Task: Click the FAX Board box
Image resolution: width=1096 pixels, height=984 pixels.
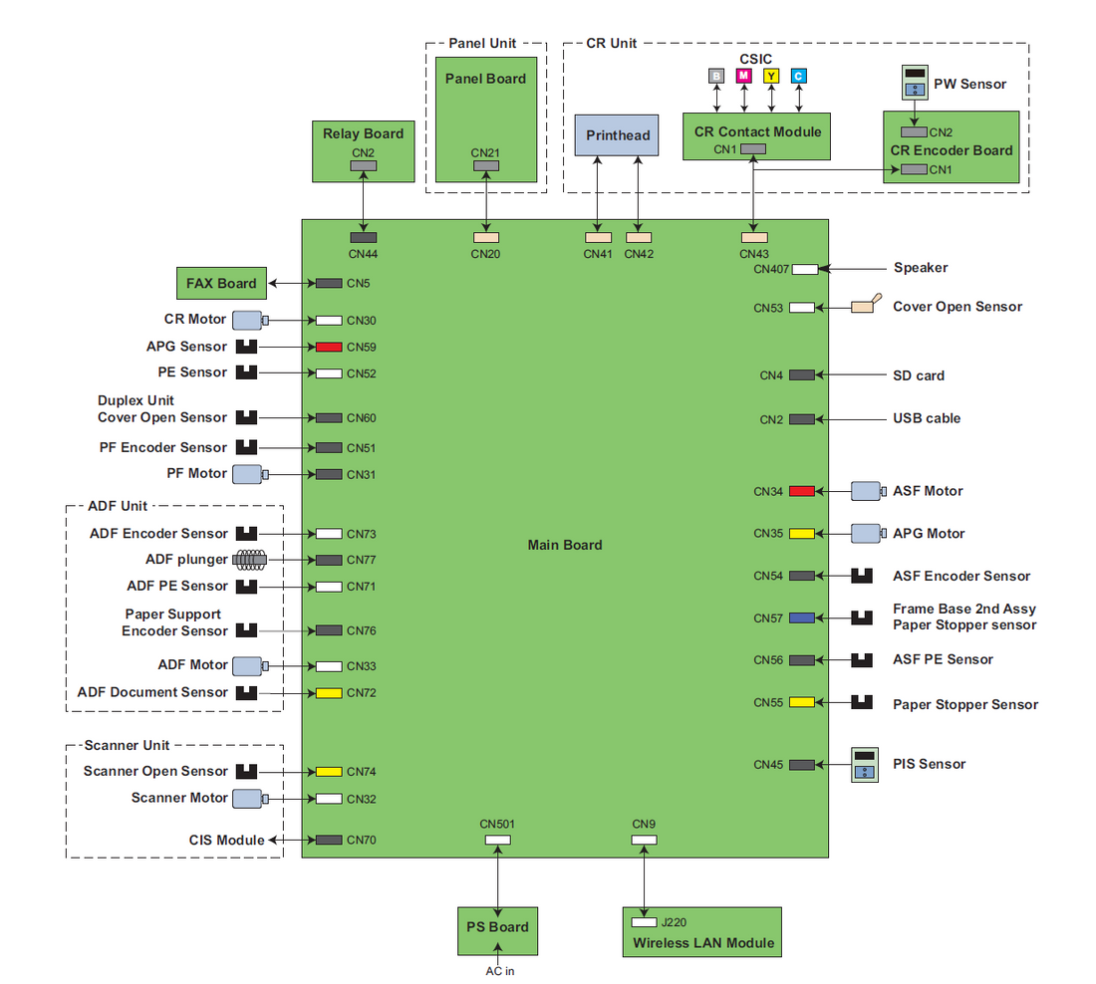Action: tap(221, 284)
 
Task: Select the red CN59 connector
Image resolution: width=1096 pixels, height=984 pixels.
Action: tap(329, 348)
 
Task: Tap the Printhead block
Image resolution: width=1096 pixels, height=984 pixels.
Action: tap(618, 134)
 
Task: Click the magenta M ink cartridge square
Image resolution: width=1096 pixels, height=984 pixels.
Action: tap(742, 76)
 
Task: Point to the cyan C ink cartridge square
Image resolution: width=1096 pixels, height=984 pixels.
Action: tap(798, 76)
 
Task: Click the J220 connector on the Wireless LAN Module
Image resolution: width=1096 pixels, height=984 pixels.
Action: tap(644, 922)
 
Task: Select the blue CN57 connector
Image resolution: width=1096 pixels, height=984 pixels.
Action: tap(802, 618)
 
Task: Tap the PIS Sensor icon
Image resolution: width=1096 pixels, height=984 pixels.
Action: tap(864, 764)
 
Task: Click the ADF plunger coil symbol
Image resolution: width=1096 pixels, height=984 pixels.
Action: tap(249, 560)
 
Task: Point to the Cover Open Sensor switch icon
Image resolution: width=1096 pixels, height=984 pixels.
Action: tap(863, 305)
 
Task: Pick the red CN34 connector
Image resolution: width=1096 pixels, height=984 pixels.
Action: tap(802, 491)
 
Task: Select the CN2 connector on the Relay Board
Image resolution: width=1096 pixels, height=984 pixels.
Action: tap(363, 165)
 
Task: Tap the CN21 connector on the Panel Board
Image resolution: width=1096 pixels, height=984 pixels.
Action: tap(485, 165)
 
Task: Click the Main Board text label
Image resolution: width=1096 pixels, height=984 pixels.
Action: tap(565, 545)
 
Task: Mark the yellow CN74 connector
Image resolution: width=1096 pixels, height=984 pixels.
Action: tap(329, 772)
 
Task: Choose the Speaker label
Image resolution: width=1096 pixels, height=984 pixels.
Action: tap(921, 268)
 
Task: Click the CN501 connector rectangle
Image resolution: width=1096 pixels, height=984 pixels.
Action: tap(497, 840)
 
